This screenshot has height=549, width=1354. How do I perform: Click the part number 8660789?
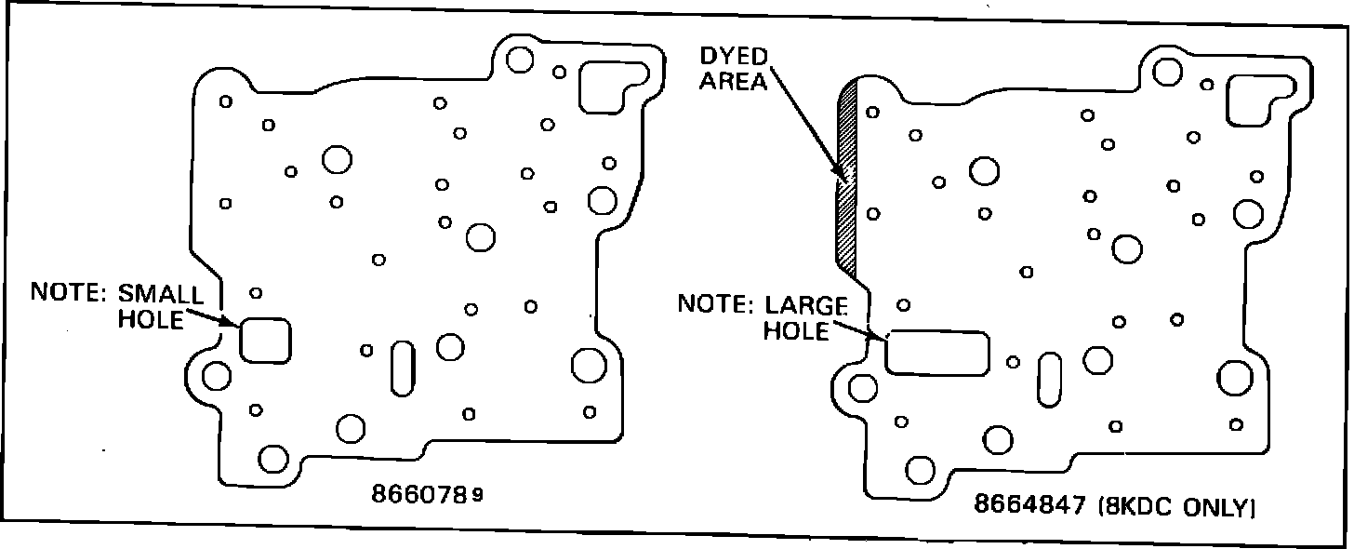point(427,494)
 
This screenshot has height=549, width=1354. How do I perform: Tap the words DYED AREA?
point(734,68)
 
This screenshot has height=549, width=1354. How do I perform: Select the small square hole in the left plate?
point(265,340)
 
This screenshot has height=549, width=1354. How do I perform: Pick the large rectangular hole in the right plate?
point(936,353)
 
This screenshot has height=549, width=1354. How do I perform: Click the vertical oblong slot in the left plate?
point(404,368)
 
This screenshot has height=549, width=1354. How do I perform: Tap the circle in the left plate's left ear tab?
point(217,376)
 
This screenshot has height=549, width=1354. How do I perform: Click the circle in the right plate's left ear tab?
point(862,387)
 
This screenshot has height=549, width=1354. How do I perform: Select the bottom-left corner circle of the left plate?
point(273,458)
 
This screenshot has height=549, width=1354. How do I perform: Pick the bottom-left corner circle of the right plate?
point(920,469)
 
